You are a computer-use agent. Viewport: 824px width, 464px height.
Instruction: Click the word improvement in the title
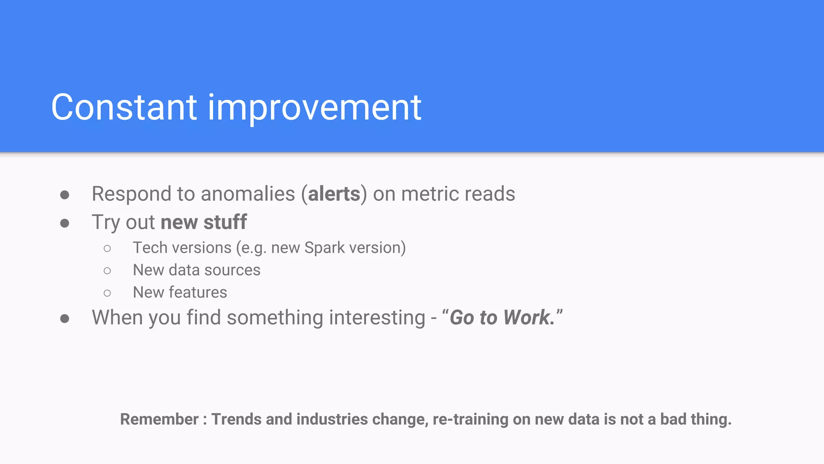(314, 108)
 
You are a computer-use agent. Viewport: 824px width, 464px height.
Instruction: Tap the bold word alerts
(334, 194)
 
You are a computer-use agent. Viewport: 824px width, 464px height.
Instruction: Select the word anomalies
(248, 194)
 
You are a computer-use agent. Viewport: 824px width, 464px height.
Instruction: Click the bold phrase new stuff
(204, 222)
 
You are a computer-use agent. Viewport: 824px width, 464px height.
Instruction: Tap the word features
(198, 292)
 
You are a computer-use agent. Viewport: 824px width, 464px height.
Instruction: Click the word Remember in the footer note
(159, 419)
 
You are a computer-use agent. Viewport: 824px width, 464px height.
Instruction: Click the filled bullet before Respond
(65, 195)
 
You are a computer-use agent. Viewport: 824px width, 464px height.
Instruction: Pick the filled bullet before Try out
(65, 224)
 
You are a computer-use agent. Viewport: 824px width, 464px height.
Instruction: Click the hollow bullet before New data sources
(107, 271)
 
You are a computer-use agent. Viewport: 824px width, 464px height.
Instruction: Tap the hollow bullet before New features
(107, 293)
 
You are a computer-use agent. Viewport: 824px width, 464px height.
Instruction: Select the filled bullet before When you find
(65, 319)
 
